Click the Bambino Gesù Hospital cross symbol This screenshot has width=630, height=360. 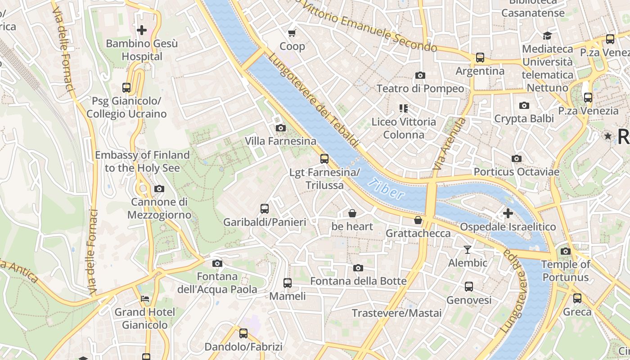pyautogui.click(x=142, y=30)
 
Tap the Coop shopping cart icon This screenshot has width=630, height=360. pyautogui.click(x=292, y=33)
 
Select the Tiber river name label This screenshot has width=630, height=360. pyautogui.click(x=386, y=189)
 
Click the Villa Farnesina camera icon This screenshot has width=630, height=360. pyautogui.click(x=280, y=128)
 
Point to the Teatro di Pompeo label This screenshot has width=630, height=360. pyautogui.click(x=420, y=88)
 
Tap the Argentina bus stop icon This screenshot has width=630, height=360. pyautogui.click(x=480, y=58)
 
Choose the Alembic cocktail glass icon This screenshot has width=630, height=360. pyautogui.click(x=468, y=249)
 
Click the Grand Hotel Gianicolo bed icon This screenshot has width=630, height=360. pyautogui.click(x=144, y=298)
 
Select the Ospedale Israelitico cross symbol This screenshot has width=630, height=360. pyautogui.click(x=508, y=213)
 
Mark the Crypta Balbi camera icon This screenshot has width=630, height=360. pyautogui.click(x=524, y=106)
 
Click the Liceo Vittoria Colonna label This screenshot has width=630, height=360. pyautogui.click(x=404, y=128)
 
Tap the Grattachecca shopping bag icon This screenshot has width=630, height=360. pyautogui.click(x=418, y=220)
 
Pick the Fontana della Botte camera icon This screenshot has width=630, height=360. pyautogui.click(x=358, y=268)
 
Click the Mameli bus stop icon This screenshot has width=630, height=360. pyautogui.click(x=288, y=283)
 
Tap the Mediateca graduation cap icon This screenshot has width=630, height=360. pyautogui.click(x=547, y=36)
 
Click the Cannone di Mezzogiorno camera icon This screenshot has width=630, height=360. pyautogui.click(x=159, y=189)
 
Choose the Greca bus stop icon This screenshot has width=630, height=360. pyautogui.click(x=577, y=298)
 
